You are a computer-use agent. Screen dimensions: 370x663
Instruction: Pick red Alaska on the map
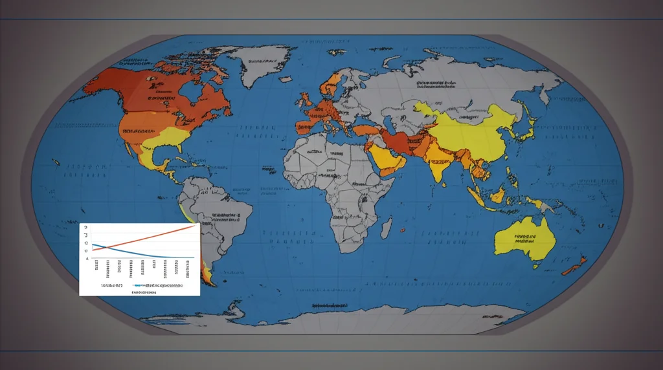104,81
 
